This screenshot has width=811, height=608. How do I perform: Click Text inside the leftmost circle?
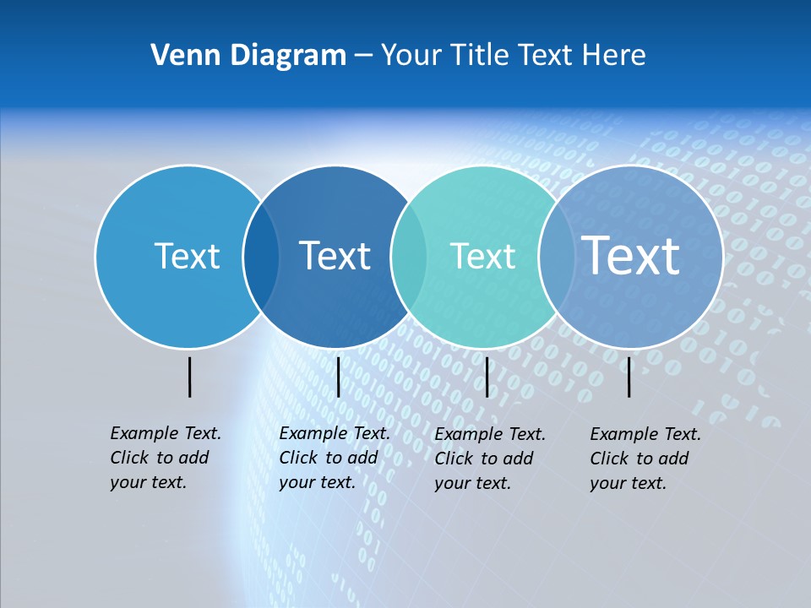[x=187, y=256]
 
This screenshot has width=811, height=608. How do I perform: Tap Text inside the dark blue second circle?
[x=335, y=256]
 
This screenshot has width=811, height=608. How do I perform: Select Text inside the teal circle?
[x=482, y=256]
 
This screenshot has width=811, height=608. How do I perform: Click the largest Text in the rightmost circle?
[x=630, y=255]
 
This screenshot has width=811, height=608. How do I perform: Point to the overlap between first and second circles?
[x=261, y=257]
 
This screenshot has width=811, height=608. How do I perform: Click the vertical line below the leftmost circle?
[x=189, y=377]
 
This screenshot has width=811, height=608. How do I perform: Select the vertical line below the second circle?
[x=338, y=377]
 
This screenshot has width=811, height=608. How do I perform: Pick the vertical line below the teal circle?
[x=487, y=377]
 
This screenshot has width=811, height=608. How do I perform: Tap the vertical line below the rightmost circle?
[x=629, y=377]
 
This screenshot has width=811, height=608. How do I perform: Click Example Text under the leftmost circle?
[x=166, y=433]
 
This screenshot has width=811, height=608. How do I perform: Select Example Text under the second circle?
[x=335, y=433]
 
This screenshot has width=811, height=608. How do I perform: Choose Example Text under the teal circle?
[x=490, y=434]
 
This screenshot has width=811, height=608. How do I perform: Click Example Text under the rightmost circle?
[x=645, y=434]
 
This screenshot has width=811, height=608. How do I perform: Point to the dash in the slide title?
[x=363, y=56]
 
